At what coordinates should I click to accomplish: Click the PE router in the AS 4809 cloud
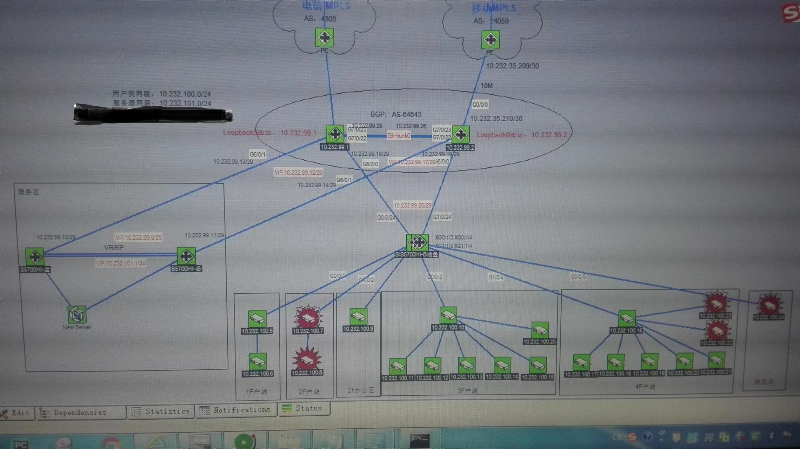(x=324, y=38)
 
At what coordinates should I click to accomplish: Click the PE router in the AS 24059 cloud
(x=490, y=40)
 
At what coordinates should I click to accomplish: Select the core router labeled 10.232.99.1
(x=335, y=134)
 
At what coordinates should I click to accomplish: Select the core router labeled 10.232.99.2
(x=460, y=135)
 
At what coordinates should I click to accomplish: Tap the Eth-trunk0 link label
(x=398, y=136)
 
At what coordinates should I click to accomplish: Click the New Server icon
(x=76, y=314)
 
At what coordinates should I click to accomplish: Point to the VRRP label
(x=114, y=248)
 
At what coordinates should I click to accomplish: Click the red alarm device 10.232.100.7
(x=308, y=317)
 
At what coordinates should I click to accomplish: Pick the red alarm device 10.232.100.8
(x=307, y=359)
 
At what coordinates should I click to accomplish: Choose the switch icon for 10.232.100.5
(x=257, y=319)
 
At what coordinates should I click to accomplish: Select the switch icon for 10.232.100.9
(x=358, y=316)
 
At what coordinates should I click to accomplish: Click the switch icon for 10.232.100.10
(x=448, y=315)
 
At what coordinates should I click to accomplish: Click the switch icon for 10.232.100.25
(x=540, y=330)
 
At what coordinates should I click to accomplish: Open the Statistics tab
(x=161, y=411)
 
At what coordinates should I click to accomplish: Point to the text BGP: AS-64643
(x=396, y=114)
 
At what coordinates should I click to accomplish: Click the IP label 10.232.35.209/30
(x=512, y=66)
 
